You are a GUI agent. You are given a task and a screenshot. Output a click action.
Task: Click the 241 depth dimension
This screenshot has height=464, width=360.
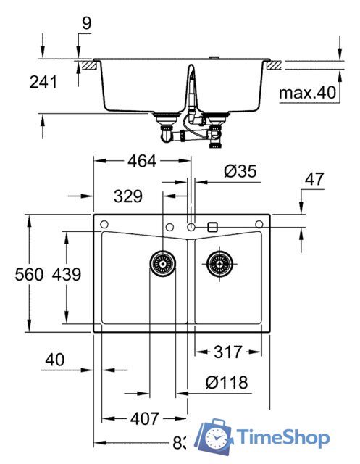[x=43, y=83]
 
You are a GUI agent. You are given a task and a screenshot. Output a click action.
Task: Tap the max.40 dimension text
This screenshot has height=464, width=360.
[x=308, y=93]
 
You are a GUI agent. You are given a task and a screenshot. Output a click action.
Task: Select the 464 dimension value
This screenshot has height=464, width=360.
[x=141, y=162]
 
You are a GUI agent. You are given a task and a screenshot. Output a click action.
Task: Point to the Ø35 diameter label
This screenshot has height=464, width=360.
[x=240, y=172]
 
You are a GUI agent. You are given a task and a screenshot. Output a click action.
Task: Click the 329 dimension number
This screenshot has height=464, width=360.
[x=127, y=195]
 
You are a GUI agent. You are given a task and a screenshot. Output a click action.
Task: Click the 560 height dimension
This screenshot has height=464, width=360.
[x=28, y=274]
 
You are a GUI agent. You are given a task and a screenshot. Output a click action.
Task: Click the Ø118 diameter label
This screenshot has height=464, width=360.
[x=225, y=382]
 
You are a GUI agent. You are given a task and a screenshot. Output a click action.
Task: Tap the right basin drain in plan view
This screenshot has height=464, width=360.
[x=218, y=264]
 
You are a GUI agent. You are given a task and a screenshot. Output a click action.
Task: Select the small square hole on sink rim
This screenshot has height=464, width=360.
[x=212, y=227]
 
